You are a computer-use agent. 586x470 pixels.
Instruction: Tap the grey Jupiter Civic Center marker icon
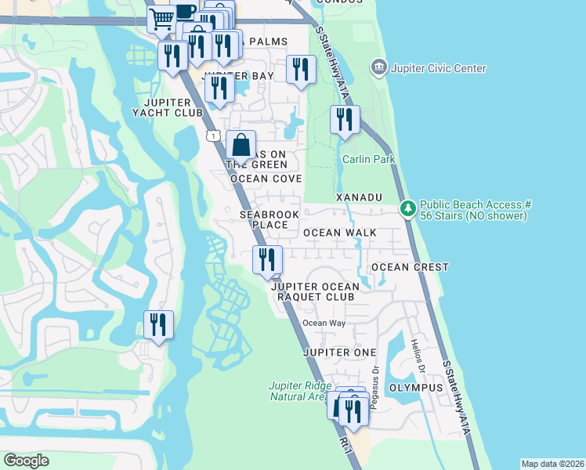pyautogui.click(x=380, y=68)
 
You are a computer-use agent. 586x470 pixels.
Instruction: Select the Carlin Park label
pyautogui.click(x=369, y=160)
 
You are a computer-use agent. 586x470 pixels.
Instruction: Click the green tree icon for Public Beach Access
pyautogui.click(x=407, y=209)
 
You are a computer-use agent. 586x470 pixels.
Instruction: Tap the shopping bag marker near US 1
pyautogui.click(x=241, y=145)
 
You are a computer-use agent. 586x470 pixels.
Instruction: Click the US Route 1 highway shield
pyautogui.click(x=213, y=136)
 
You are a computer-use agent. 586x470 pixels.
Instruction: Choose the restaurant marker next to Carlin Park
pyautogui.click(x=345, y=121)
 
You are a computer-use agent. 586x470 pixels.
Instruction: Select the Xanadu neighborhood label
pyautogui.click(x=359, y=197)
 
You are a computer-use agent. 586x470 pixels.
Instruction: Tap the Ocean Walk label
pyautogui.click(x=340, y=233)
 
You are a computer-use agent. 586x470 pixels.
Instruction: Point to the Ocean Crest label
pyautogui.click(x=410, y=267)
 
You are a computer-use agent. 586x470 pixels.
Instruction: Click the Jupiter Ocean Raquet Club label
pyautogui.click(x=313, y=292)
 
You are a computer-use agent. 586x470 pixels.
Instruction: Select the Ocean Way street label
pyautogui.click(x=324, y=323)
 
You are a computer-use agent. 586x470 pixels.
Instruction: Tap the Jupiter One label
pyautogui.click(x=340, y=352)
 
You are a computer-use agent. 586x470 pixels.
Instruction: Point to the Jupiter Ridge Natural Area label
pyautogui.click(x=297, y=391)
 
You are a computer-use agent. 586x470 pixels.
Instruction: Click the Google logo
pyautogui.click(x=26, y=461)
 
